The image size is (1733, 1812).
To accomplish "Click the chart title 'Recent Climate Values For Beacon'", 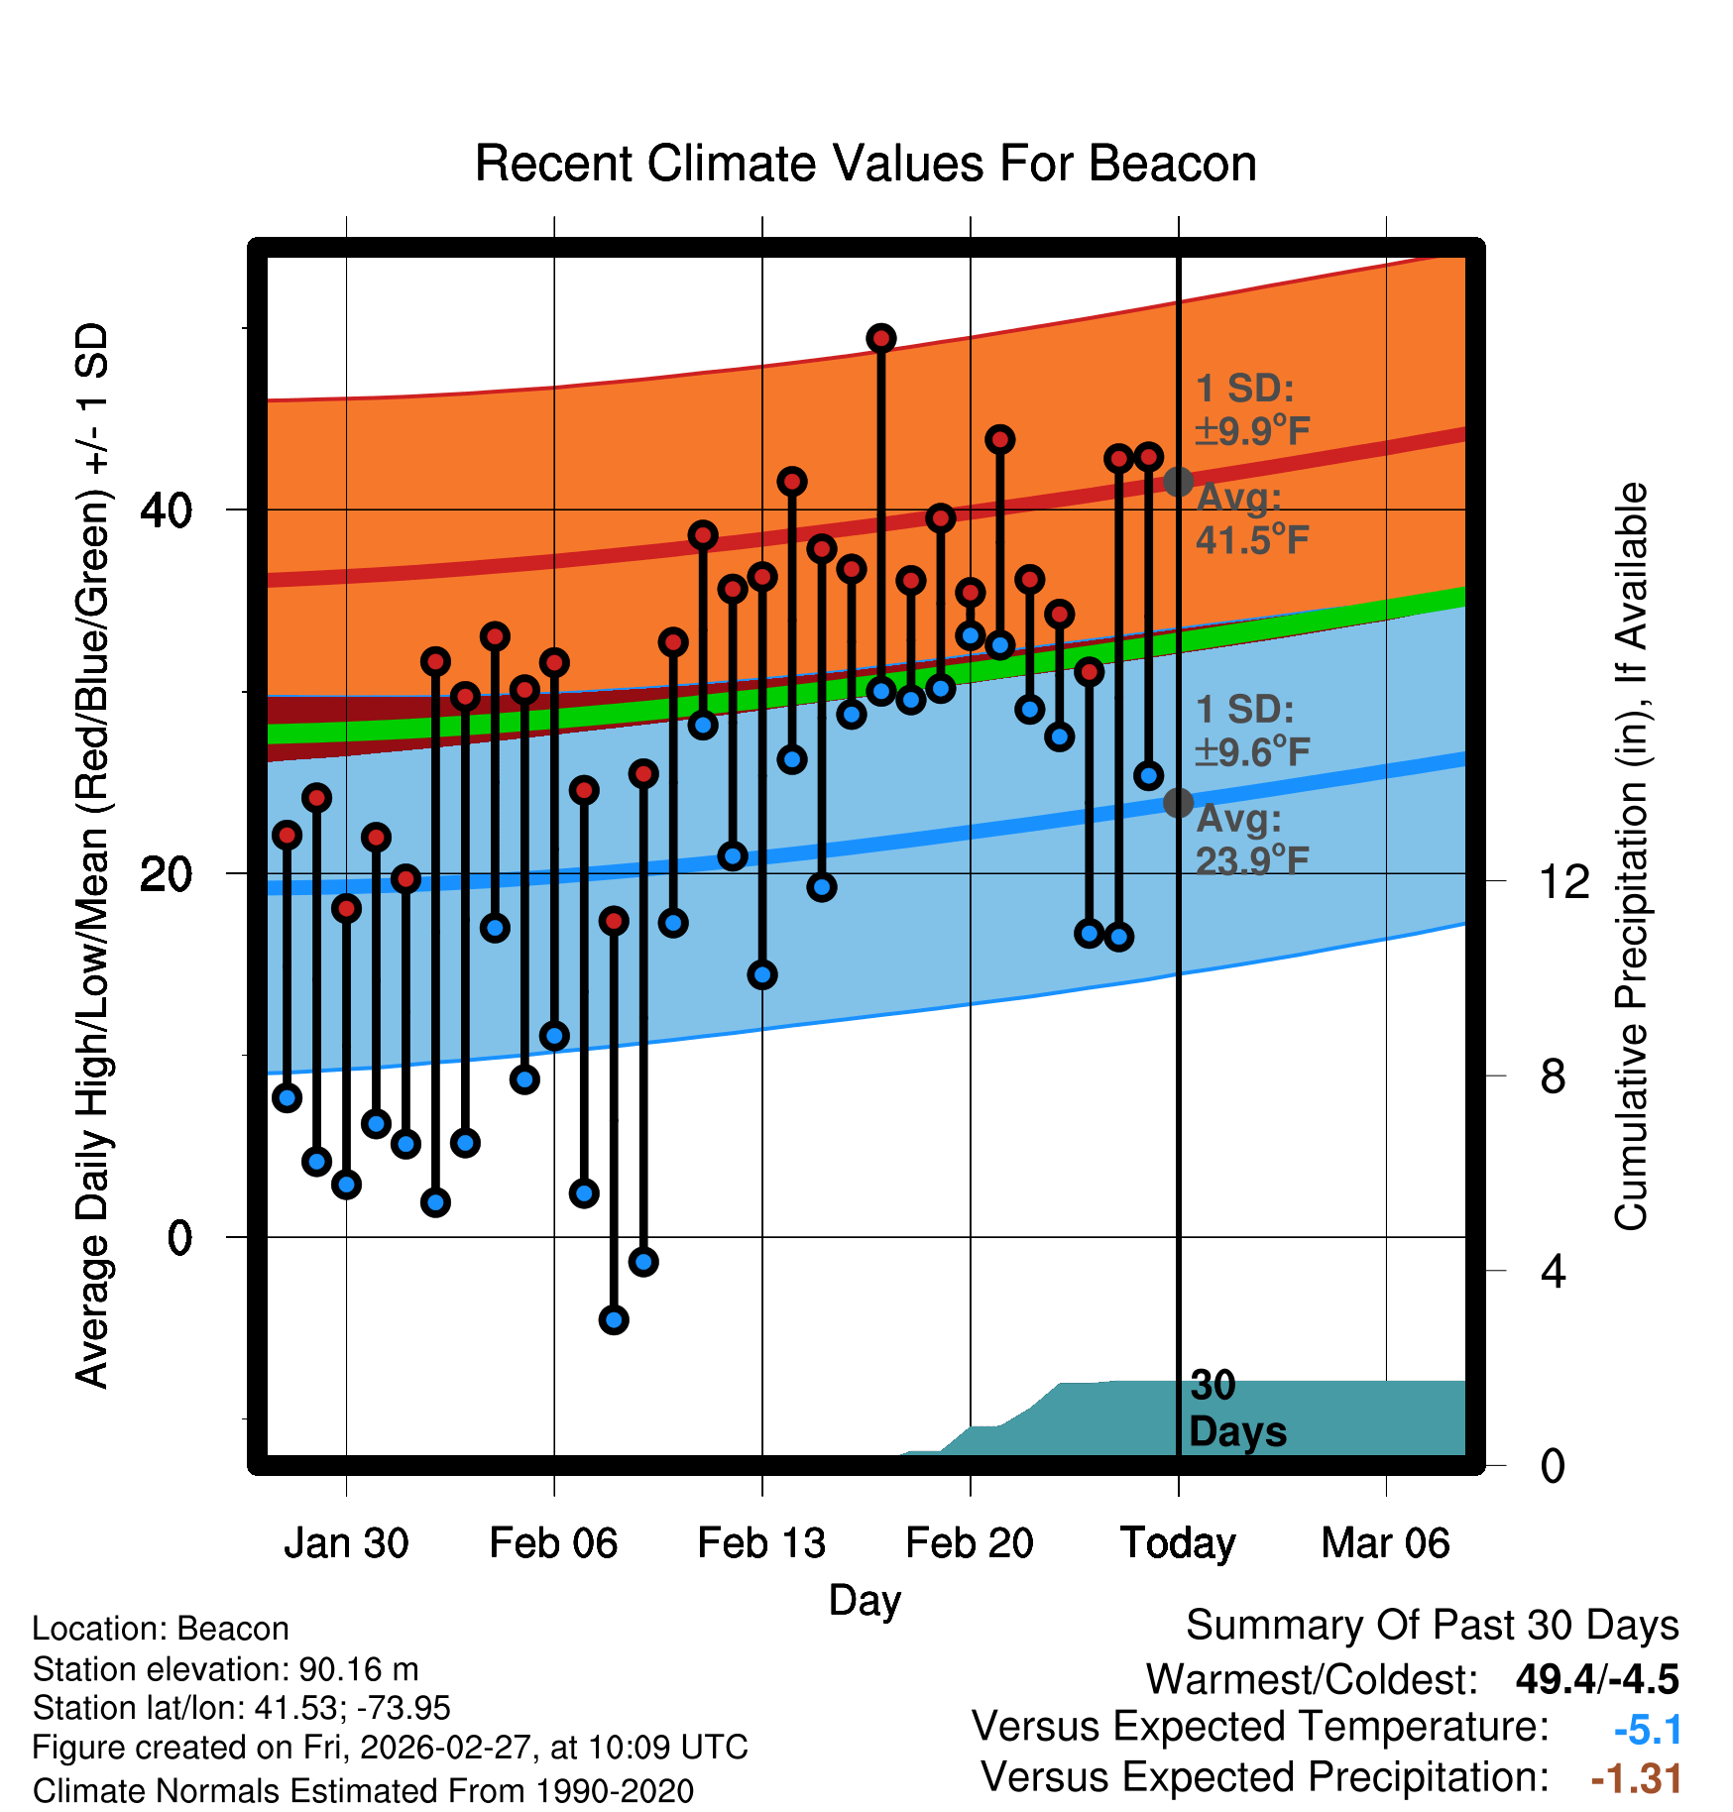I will point(866,164).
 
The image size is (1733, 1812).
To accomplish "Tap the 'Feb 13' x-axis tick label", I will point(761,1543).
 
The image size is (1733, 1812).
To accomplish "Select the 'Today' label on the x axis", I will point(1178,1543).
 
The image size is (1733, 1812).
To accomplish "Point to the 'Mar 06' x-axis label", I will point(1385,1543).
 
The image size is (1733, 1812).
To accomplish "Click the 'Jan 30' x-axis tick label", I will point(346,1543).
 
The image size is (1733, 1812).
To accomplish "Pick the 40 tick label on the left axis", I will point(166,510).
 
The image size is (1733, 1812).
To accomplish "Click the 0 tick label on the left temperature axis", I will point(179,1238).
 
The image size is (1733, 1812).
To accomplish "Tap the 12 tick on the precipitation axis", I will point(1564,881).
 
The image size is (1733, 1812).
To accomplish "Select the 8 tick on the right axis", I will point(1554,1076).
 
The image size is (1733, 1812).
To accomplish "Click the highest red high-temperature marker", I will point(881,339).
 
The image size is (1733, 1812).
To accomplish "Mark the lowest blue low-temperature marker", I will point(614,1319).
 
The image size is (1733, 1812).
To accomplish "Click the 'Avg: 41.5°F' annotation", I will point(1251,518).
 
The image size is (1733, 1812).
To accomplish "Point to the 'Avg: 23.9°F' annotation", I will point(1251,840).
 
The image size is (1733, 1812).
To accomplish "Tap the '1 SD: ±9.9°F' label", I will point(1251,409).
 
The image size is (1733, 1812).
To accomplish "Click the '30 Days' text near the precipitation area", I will point(1236,1409).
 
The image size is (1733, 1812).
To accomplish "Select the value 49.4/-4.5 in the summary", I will point(1596,1679).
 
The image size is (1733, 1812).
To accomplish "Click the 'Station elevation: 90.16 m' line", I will point(225,1669).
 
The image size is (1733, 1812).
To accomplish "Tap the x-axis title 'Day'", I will point(865,1600).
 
